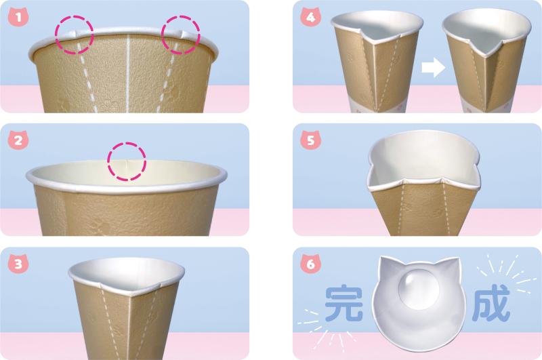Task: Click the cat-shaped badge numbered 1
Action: [18, 18]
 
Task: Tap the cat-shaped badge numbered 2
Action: [18, 140]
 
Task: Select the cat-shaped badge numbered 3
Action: [18, 264]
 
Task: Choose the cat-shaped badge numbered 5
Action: [311, 140]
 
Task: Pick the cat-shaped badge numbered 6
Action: [311, 264]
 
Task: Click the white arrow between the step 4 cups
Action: [433, 67]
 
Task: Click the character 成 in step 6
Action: [491, 303]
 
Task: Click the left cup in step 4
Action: [377, 60]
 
